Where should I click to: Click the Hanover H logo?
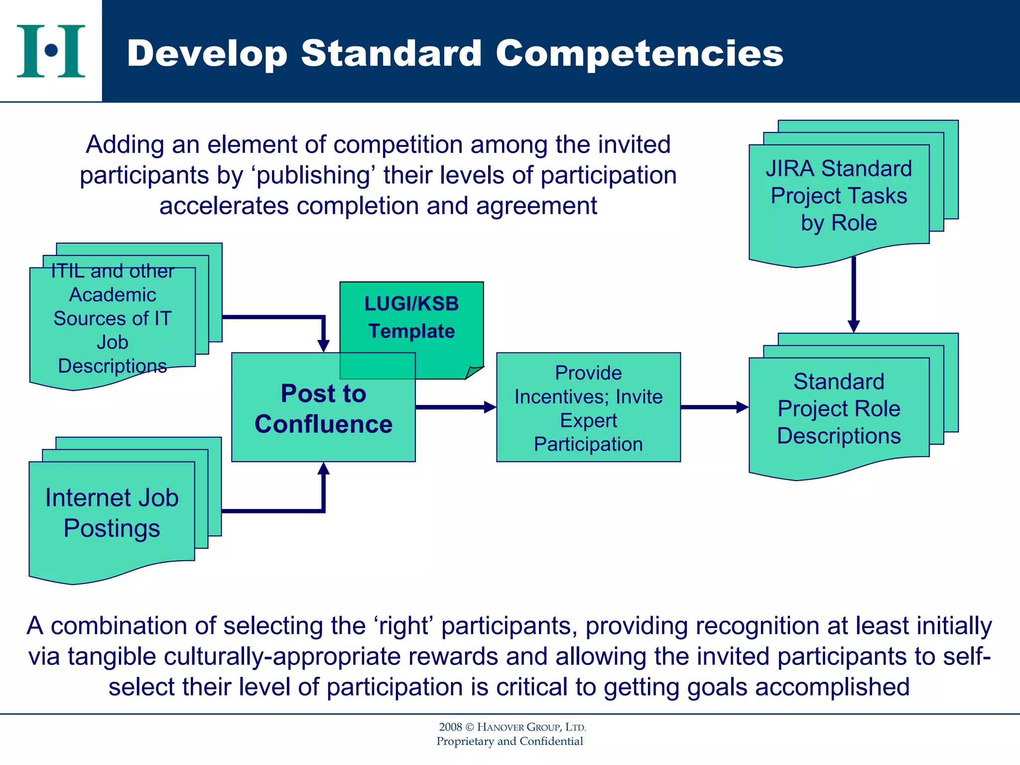[51, 51]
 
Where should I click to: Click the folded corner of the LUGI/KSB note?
[474, 373]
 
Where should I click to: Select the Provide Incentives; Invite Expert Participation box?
[588, 407]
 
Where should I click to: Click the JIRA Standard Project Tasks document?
[839, 196]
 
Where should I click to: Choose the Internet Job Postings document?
[112, 513]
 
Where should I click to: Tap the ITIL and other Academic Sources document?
[112, 319]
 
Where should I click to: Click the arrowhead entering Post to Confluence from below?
[324, 469]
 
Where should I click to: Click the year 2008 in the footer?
[450, 727]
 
